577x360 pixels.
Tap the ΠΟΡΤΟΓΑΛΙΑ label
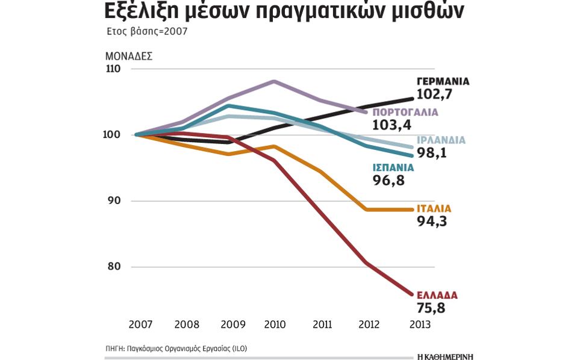405,113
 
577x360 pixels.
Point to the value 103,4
391,125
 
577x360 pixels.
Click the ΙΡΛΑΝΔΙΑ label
441,140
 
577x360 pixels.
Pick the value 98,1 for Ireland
431,153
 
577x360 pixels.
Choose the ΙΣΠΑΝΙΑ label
394,168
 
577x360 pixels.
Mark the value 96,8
389,181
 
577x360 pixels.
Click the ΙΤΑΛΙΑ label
434,209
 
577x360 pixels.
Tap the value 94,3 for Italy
431,222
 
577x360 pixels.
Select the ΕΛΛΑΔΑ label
437,296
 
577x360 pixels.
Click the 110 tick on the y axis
113,69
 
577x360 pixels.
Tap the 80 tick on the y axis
114,267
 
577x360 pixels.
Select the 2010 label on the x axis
275,324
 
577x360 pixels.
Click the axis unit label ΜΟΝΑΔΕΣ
128,56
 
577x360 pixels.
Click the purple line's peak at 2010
274,81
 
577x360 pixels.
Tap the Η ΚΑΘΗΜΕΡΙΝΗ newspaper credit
444,356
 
